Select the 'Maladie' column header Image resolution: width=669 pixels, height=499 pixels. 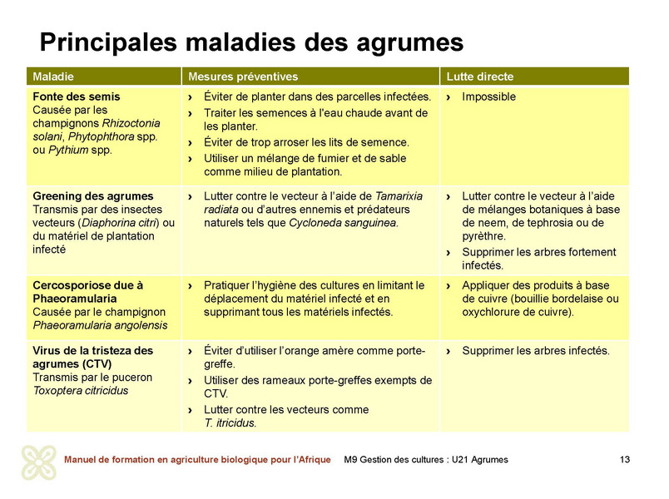point(52,77)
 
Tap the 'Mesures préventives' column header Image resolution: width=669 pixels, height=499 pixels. point(242,77)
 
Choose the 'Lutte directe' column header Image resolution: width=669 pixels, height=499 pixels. point(480,77)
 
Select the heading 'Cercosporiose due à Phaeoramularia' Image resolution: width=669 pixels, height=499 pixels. point(88,291)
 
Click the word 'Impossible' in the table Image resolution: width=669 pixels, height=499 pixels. point(488,96)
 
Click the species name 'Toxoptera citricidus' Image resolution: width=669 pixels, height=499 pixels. point(81,391)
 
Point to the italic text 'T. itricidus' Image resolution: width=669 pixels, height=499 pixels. point(230,422)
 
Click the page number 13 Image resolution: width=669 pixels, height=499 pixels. point(625,460)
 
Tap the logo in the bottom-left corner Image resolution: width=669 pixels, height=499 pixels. point(38,462)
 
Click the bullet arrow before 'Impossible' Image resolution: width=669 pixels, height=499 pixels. point(449,97)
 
